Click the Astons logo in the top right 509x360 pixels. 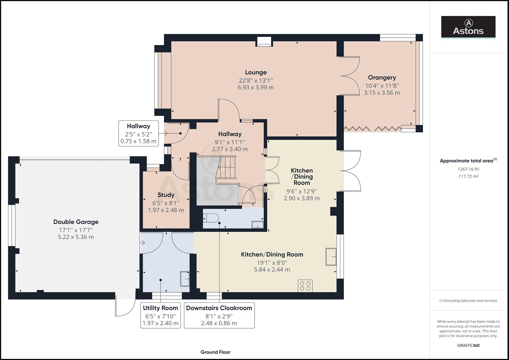[x=468, y=27]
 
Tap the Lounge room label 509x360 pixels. [x=256, y=72]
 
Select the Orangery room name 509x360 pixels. [x=382, y=78]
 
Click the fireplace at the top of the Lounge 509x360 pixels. [x=264, y=42]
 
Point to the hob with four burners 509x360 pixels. [x=305, y=286]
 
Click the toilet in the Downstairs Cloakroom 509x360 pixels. [x=211, y=218]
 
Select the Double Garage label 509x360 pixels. [x=76, y=222]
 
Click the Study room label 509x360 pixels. [x=166, y=195]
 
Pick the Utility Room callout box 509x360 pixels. [x=160, y=315]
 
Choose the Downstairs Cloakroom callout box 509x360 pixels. [x=219, y=315]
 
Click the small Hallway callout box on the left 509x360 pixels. [x=138, y=133]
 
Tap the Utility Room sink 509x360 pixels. [x=185, y=279]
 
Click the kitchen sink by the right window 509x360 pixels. [x=331, y=256]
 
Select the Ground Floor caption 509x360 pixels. [x=215, y=352]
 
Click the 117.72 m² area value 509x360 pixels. [x=468, y=176]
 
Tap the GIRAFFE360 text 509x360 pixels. [x=468, y=345]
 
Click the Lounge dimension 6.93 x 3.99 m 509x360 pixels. [x=256, y=88]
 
